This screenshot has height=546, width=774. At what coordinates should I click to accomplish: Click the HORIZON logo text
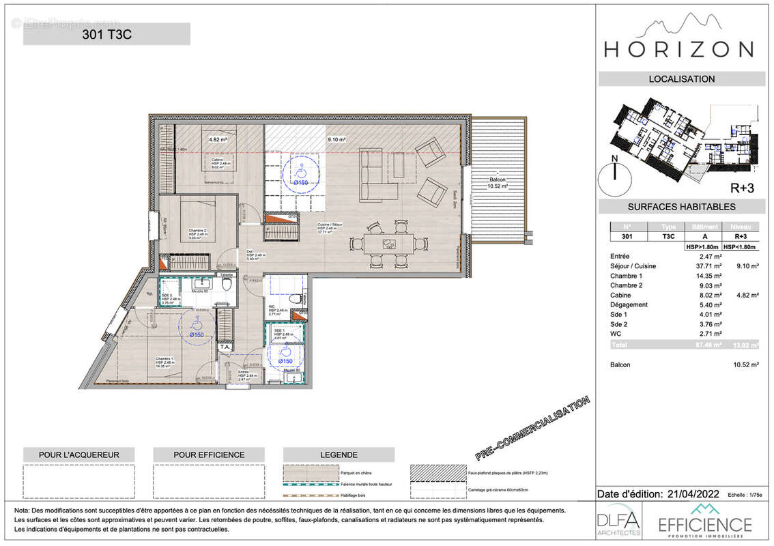tap(679, 49)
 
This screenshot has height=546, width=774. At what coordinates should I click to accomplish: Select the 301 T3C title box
tap(106, 34)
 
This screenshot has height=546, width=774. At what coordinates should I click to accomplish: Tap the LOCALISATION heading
tap(681, 78)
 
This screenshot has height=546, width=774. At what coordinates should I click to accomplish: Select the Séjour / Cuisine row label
tap(633, 265)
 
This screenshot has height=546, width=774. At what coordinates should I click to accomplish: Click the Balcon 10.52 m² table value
tap(745, 364)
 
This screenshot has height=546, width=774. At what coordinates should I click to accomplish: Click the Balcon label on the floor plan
tap(496, 178)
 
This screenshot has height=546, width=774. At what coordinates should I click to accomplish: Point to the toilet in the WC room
tap(296, 298)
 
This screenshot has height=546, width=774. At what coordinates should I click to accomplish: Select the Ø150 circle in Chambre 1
tap(196, 325)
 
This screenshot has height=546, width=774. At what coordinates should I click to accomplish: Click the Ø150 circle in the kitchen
tap(300, 173)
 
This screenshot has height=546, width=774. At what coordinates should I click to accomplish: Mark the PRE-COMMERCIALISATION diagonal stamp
tap(533, 429)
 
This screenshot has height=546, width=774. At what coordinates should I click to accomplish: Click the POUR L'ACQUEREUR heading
tap(70, 455)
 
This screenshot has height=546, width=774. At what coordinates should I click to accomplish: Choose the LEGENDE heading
tap(338, 455)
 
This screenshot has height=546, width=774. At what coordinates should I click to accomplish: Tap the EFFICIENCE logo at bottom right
tap(704, 522)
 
